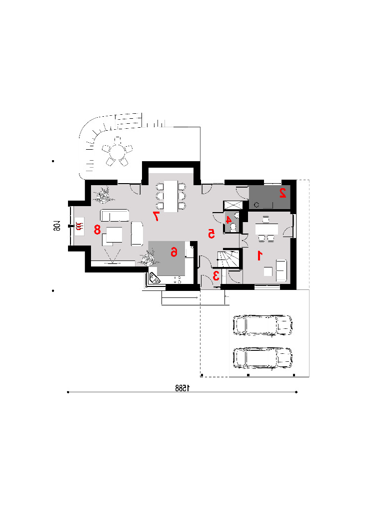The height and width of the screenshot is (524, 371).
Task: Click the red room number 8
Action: tap(97, 230)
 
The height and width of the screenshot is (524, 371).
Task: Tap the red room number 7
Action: tap(155, 216)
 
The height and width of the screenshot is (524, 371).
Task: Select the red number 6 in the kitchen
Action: tap(174, 252)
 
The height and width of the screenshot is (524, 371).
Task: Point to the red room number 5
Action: tap(211, 234)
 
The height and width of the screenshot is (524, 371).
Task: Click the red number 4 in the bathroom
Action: tap(228, 220)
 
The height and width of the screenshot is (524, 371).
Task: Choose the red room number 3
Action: tap(216, 275)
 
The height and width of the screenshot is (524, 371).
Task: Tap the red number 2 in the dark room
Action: tap(283, 193)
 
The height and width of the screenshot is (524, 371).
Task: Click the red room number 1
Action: tap(259, 256)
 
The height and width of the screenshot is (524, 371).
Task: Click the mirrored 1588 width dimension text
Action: tap(182, 388)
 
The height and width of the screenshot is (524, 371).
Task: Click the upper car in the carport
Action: tap(262, 324)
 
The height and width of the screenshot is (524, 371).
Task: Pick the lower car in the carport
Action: tap(262, 358)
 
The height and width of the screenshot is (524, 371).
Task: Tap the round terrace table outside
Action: tap(117, 152)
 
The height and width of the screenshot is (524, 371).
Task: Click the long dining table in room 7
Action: tap(171, 196)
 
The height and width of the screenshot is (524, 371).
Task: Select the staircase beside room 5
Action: tap(228, 259)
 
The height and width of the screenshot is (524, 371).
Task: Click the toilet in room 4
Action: tap(233, 227)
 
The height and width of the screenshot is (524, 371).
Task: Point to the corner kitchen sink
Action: tap(154, 278)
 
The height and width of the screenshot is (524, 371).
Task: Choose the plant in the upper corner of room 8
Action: tap(103, 195)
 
